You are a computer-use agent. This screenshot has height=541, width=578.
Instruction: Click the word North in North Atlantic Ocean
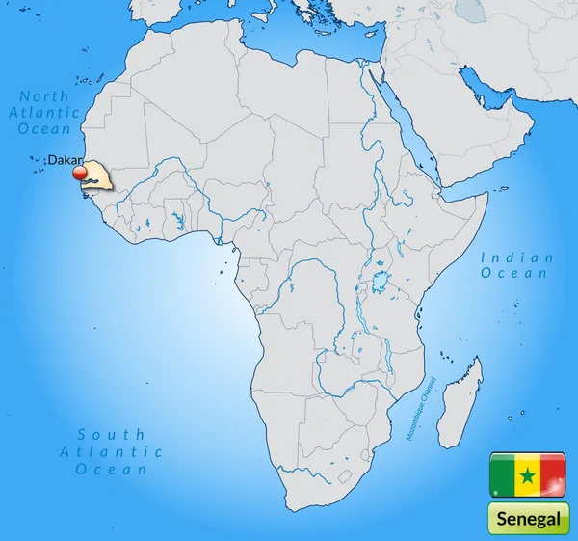click(x=44, y=95)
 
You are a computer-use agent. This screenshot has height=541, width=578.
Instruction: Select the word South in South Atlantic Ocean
click(x=111, y=434)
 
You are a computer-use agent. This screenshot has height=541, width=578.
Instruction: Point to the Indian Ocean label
click(x=516, y=265)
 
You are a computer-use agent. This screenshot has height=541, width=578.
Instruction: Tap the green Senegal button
click(x=528, y=519)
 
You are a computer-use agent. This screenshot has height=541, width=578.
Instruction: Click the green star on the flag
click(x=528, y=474)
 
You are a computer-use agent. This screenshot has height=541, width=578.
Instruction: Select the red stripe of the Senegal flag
click(x=552, y=473)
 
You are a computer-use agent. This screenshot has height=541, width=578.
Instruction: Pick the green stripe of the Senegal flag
click(x=503, y=473)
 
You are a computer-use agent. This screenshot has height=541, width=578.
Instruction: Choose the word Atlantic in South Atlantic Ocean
click(x=111, y=451)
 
